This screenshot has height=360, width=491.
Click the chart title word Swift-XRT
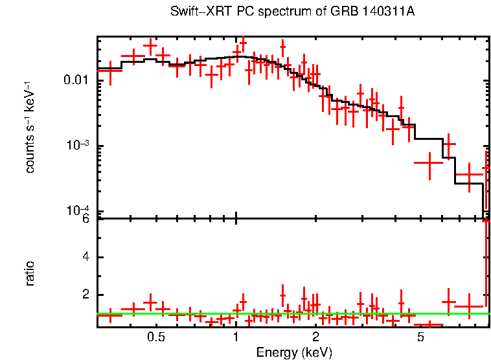coord(195,12)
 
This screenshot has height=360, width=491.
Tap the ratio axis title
coord(30,273)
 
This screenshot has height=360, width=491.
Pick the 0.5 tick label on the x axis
coord(155,337)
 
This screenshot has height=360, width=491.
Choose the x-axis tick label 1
coord(236,337)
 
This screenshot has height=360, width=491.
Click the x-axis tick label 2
coord(315,337)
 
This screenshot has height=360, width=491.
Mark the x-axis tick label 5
coord(421,337)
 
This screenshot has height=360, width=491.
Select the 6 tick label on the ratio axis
coord(86,219)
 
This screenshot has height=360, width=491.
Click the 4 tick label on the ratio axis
coord(86,257)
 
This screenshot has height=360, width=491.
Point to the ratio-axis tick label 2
coord(86,295)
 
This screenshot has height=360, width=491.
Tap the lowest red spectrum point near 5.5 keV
coord(429,163)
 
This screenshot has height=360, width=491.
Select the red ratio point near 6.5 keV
coord(448,302)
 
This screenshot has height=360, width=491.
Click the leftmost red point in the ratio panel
coord(110,315)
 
